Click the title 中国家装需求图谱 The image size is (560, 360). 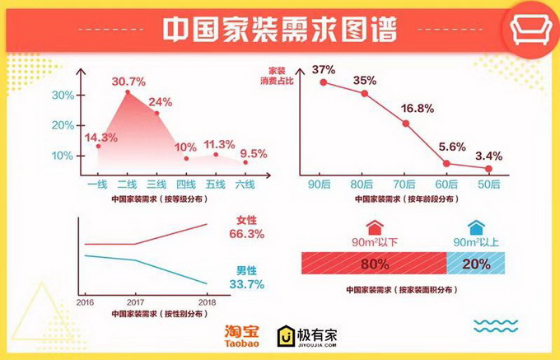click(279, 30)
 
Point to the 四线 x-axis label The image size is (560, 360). click(186, 184)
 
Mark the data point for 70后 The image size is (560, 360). click(406, 124)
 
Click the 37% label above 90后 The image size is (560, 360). click(323, 68)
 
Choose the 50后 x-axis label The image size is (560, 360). click(488, 184)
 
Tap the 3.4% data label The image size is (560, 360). click(488, 155)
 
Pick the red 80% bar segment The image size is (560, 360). click(374, 264)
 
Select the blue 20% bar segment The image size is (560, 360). click(475, 264)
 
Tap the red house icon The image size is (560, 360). click(375, 227)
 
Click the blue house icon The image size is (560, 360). click(475, 227)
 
